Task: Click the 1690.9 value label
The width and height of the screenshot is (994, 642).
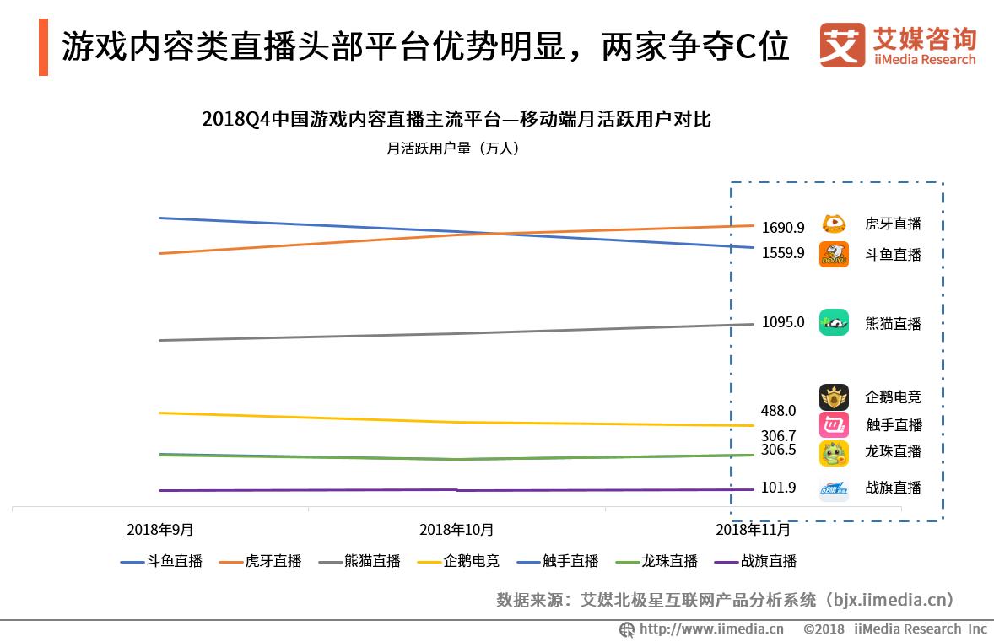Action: (x=782, y=227)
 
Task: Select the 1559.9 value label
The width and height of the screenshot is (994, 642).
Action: (x=782, y=252)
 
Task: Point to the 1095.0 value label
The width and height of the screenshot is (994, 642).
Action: (x=782, y=322)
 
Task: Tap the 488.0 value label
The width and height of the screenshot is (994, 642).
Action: (x=778, y=411)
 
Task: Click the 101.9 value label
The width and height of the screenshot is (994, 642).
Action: (x=778, y=488)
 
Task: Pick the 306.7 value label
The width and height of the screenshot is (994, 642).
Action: (x=778, y=436)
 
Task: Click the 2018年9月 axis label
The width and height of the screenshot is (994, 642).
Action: (x=160, y=530)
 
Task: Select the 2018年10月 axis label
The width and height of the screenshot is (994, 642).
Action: (x=456, y=530)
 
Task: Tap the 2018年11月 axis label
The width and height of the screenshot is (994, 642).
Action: (x=753, y=530)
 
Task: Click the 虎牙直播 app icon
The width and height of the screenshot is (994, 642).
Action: (x=834, y=224)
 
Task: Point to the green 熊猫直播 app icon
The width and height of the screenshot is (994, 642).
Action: (x=834, y=322)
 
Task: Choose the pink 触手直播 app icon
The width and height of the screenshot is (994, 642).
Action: (x=834, y=425)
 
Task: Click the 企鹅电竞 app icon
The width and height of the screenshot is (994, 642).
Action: (x=834, y=397)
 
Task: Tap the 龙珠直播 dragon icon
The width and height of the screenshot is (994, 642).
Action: (x=834, y=453)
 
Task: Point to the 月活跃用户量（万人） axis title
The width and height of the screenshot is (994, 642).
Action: (x=452, y=148)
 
